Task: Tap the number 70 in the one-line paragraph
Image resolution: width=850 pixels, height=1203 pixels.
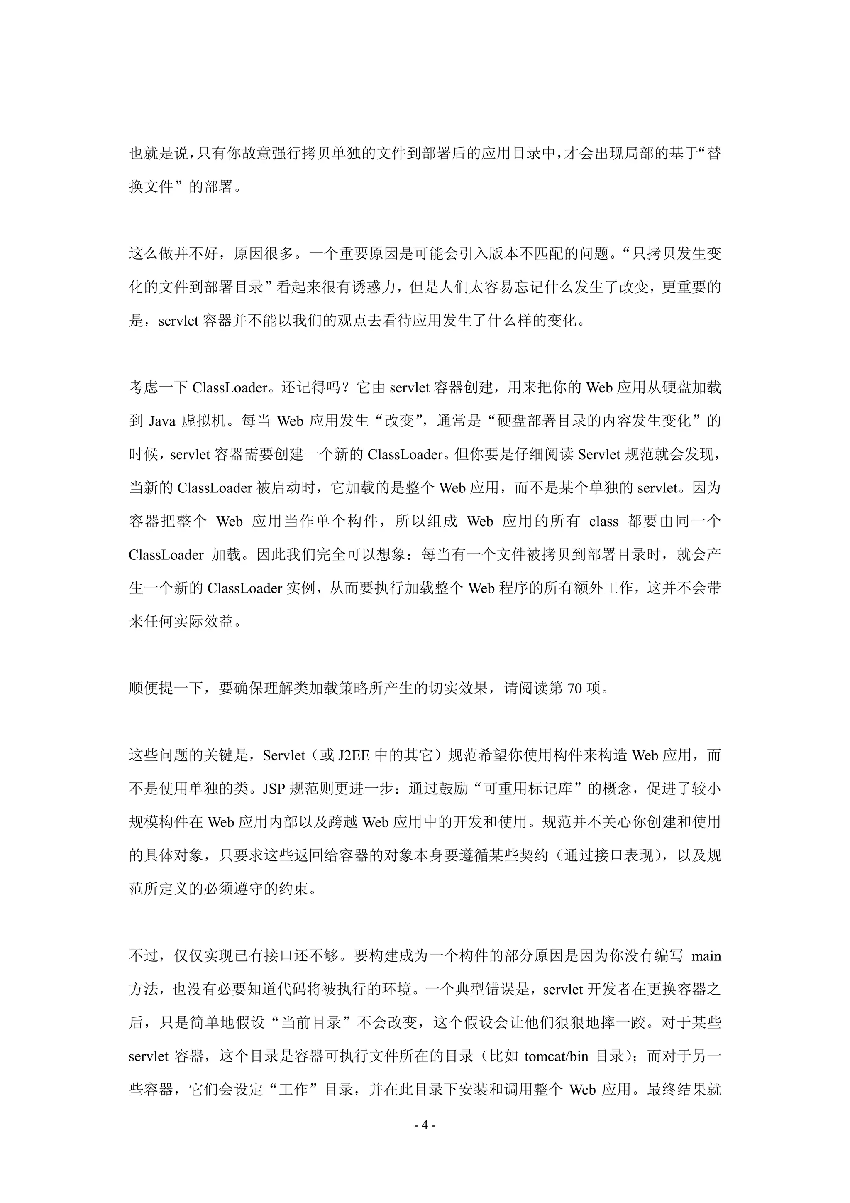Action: click(574, 688)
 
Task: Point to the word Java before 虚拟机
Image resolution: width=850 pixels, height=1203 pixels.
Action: click(162, 421)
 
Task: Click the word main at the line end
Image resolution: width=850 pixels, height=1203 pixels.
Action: click(706, 956)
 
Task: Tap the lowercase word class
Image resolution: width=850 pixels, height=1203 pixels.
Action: click(603, 521)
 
